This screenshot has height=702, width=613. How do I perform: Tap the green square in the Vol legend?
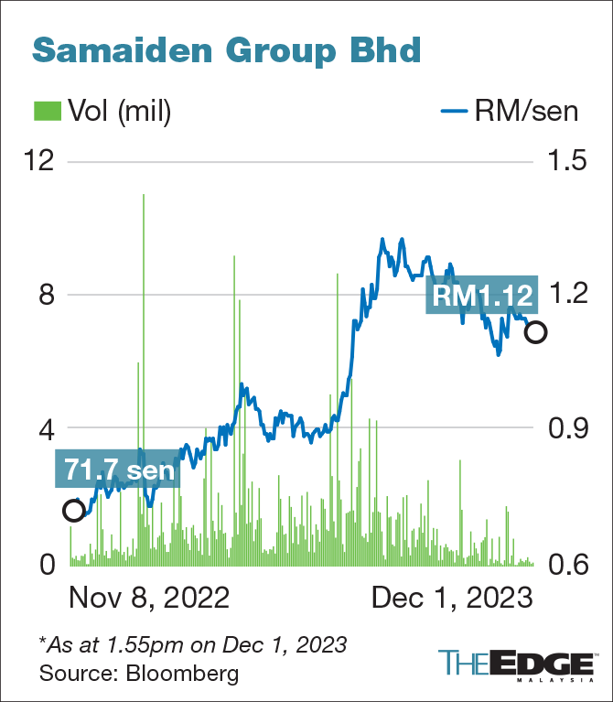coord(47,112)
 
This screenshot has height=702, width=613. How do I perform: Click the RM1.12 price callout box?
coord(479,295)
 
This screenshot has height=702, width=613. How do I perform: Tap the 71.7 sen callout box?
coord(118,469)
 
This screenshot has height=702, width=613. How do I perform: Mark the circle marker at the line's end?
coord(536,331)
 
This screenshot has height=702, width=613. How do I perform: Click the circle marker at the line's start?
coord(73,510)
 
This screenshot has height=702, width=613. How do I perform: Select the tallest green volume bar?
coord(144,366)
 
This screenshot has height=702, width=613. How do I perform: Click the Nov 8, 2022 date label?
coord(148,599)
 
